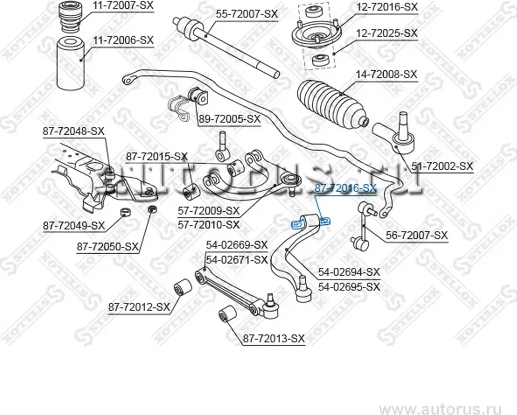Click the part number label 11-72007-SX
coord(123,7)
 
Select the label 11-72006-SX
coord(123,40)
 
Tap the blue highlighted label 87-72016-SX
coord(344,188)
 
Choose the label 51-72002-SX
coord(442,166)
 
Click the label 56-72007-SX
coord(417,236)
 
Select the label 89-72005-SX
coord(229,119)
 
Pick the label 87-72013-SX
coord(273,338)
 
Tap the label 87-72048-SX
coord(74,132)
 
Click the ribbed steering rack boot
coord(330,102)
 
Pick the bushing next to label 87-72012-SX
coord(182,287)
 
